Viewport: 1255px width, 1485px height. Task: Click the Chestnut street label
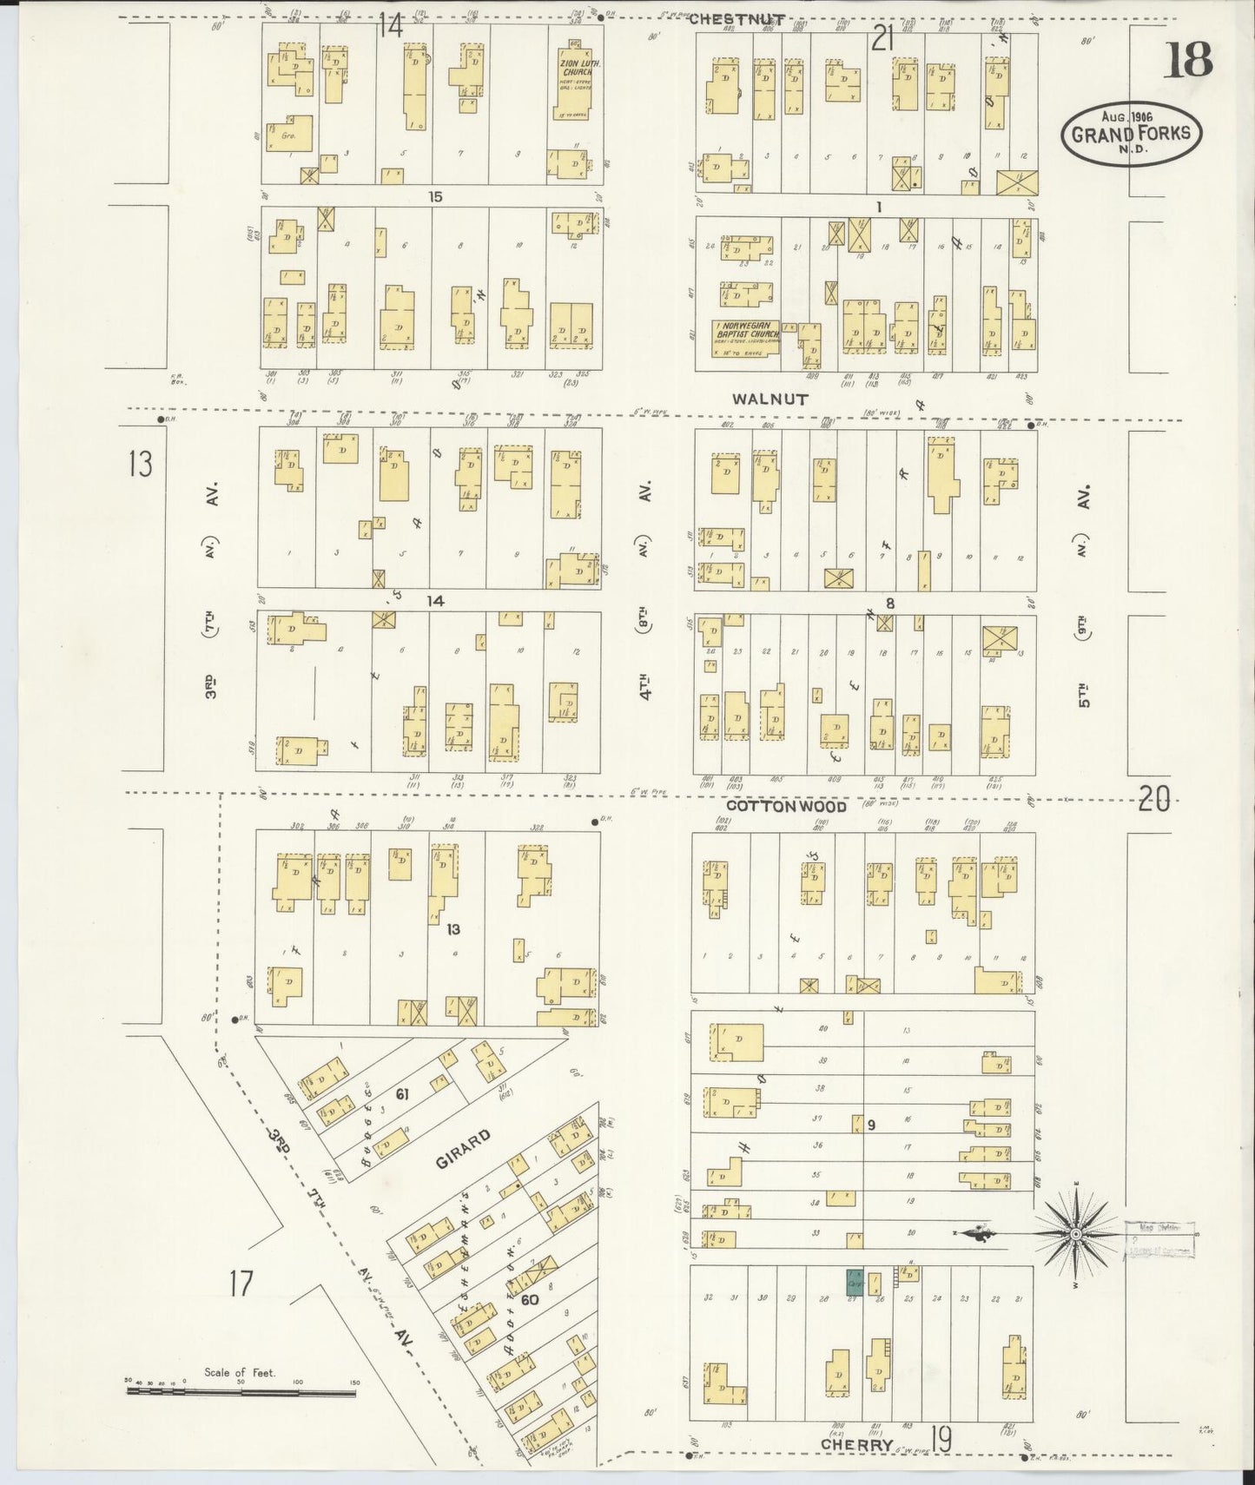click(x=738, y=19)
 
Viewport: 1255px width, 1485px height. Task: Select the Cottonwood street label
click(x=774, y=807)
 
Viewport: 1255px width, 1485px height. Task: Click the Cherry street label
click(x=857, y=1444)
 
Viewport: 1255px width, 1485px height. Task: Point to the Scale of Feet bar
click(x=241, y=1392)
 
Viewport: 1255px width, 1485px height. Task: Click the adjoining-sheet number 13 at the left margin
click(x=140, y=465)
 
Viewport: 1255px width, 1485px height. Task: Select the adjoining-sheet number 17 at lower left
click(x=241, y=1283)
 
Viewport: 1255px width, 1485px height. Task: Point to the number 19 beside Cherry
click(x=941, y=1439)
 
